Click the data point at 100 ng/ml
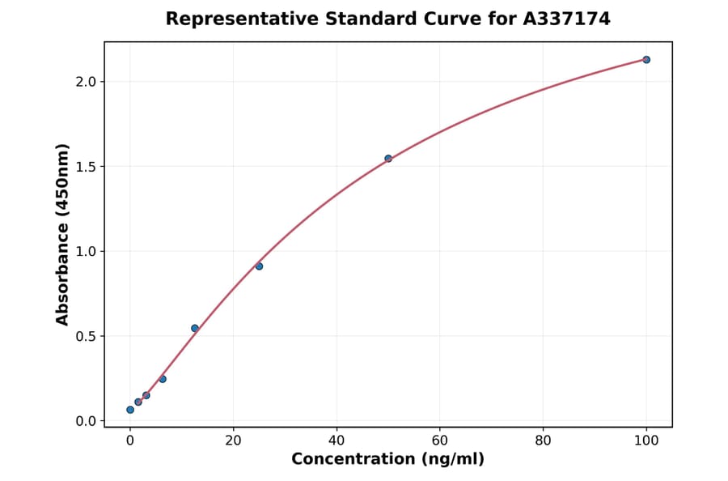pyautogui.click(x=646, y=60)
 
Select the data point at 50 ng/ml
pyautogui.click(x=388, y=159)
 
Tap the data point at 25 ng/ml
pyautogui.click(x=259, y=266)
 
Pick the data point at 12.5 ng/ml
pyautogui.click(x=195, y=328)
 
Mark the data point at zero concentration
pyautogui.click(x=130, y=410)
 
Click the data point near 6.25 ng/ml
pyautogui.click(x=163, y=379)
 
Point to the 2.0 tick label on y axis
pyautogui.click(x=86, y=82)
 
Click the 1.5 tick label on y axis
pyautogui.click(x=86, y=167)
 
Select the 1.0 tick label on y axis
pyautogui.click(x=86, y=252)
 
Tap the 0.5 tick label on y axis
pyautogui.click(x=86, y=337)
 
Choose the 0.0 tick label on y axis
pyautogui.click(x=86, y=421)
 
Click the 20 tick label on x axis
pyautogui.click(x=233, y=441)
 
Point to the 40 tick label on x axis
pyautogui.click(x=336, y=441)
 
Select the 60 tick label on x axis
pyautogui.click(x=440, y=441)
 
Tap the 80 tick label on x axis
pyautogui.click(x=543, y=441)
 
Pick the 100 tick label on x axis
pyautogui.click(x=646, y=441)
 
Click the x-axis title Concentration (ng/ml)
pyautogui.click(x=388, y=460)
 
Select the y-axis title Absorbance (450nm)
pyautogui.click(x=63, y=234)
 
